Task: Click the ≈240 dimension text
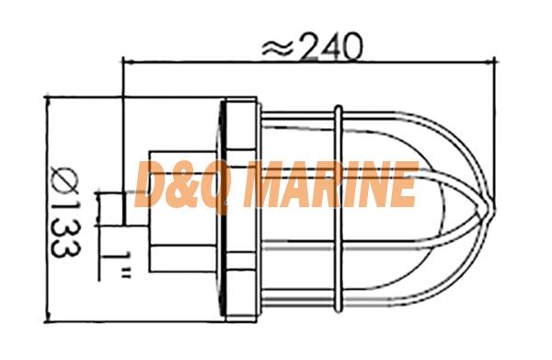tap(312, 47)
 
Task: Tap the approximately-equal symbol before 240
tap(278, 48)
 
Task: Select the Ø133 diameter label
tap(66, 211)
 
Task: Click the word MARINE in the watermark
tap(330, 183)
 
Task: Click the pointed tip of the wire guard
tap(493, 208)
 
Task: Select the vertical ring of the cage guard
tap(338, 209)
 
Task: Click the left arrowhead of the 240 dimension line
tap(128, 63)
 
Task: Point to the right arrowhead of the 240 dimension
tap(490, 63)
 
